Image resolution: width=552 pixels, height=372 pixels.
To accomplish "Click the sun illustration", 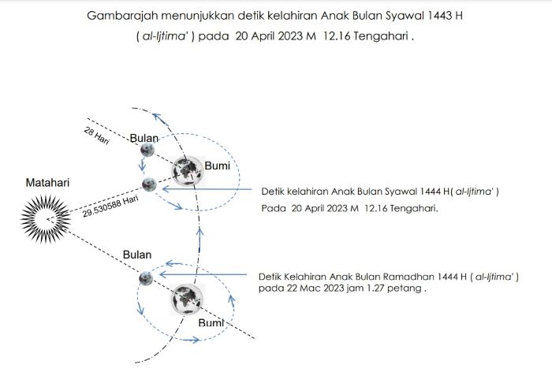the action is tap(46, 219).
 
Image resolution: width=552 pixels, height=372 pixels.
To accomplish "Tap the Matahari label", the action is tap(47, 183).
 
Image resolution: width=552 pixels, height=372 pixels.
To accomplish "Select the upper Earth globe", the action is tap(188, 171).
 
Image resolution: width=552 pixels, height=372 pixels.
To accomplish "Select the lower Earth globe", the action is tap(188, 299).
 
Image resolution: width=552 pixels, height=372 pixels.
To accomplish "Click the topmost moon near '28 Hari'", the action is tap(147, 151).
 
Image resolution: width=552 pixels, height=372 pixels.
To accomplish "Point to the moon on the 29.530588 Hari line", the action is tap(149, 184).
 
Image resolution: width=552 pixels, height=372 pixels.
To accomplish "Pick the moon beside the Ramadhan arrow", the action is tap(146, 278).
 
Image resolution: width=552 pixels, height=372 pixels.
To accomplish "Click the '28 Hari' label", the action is tap(96, 136).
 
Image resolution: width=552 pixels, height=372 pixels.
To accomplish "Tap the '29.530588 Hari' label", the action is tap(110, 206).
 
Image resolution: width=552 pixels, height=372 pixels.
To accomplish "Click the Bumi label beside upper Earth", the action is tap(217, 166).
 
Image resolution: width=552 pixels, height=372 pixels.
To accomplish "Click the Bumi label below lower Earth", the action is tap(211, 322).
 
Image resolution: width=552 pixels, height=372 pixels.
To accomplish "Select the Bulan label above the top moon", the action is tap(144, 138).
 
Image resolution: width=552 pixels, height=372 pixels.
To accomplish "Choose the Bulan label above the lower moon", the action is tap(137, 255).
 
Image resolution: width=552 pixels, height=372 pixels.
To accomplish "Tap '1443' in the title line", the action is tap(438, 16).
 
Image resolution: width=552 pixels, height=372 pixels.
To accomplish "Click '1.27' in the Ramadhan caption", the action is tap(375, 288).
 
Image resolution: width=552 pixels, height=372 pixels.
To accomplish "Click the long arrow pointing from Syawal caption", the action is tap(207, 189).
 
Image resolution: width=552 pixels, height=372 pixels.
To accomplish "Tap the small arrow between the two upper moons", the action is tap(142, 165).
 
